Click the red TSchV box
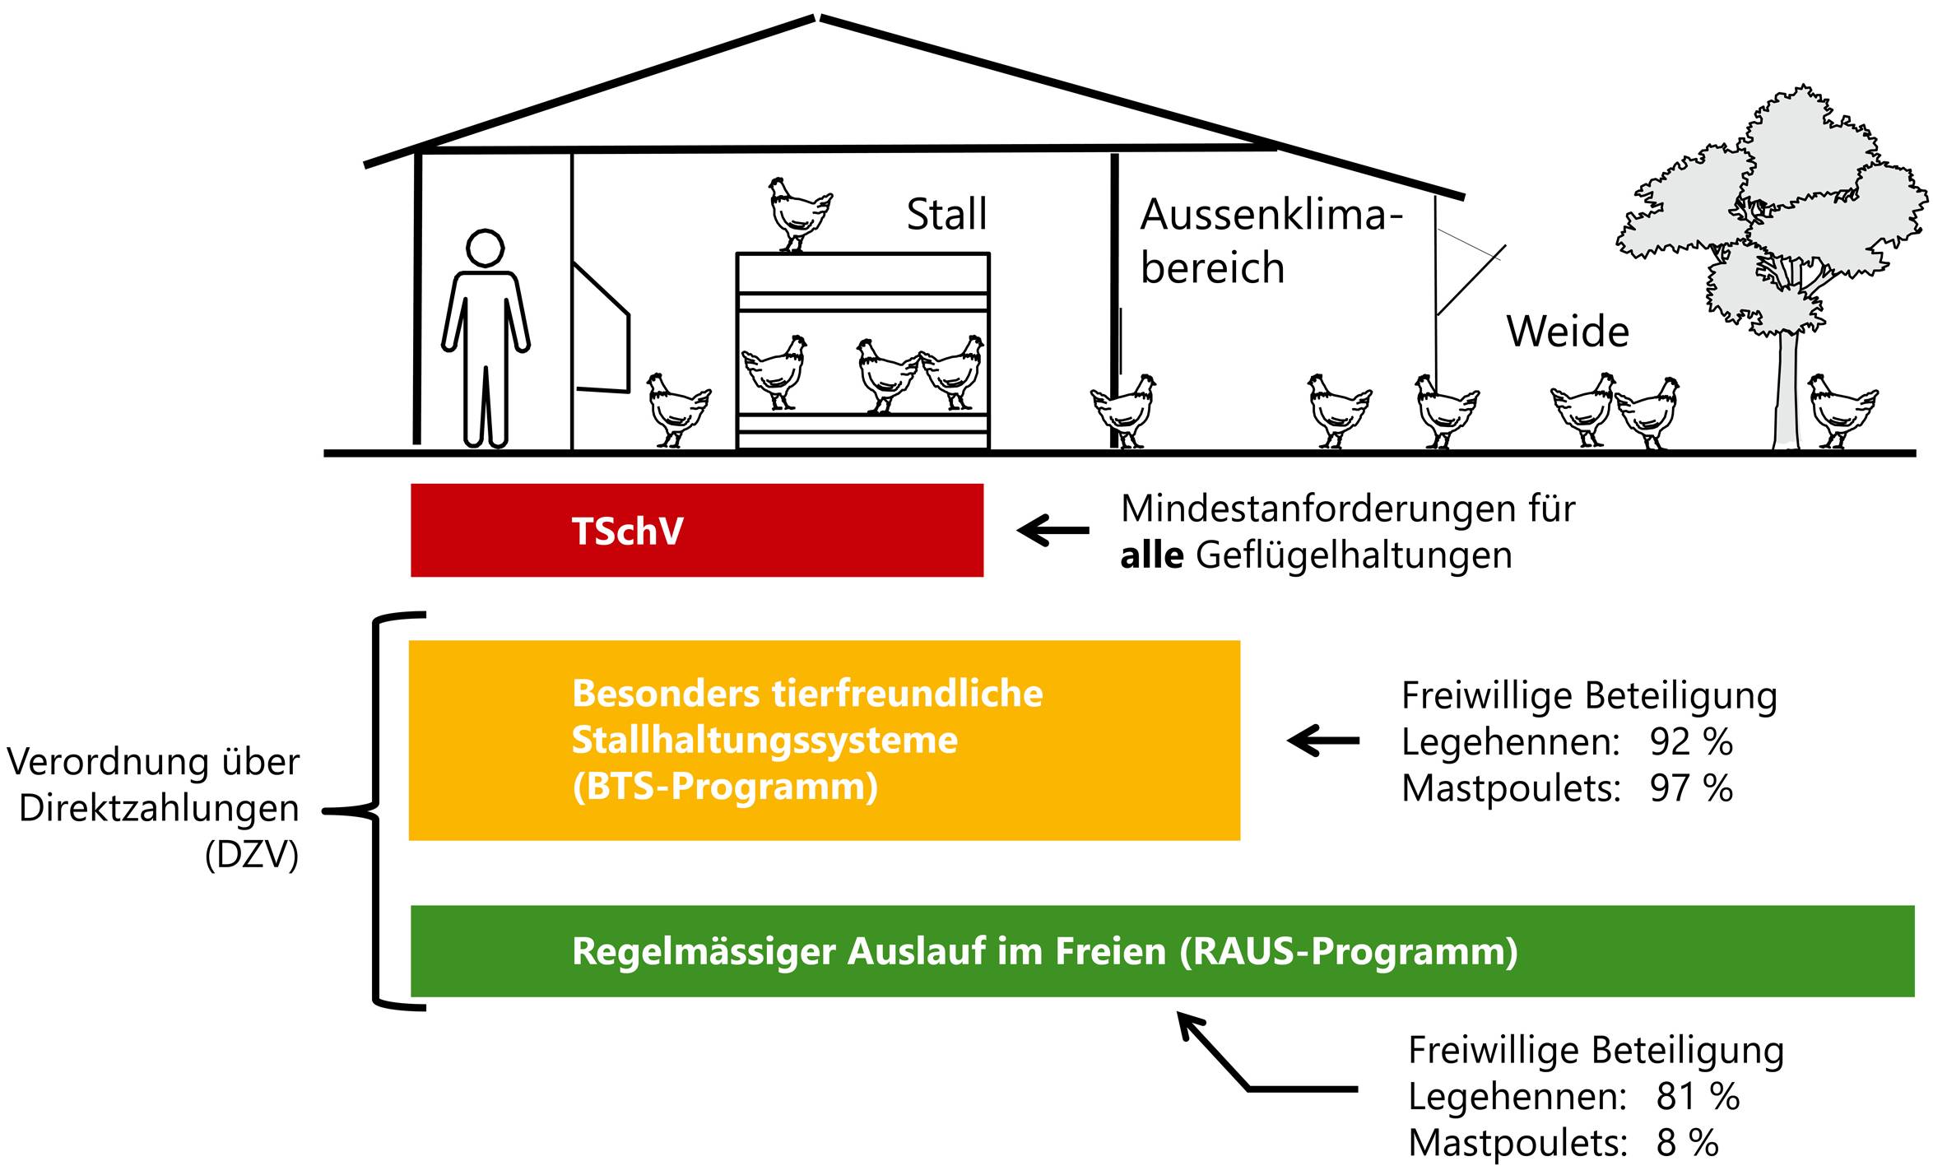[696, 530]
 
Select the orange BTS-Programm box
[824, 740]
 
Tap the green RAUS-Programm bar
[1162, 951]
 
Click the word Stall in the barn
[946, 215]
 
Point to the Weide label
[1568, 332]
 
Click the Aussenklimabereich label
[1271, 241]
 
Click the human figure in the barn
[486, 346]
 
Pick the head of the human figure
[485, 248]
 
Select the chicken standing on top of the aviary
[797, 213]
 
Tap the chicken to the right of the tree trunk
[1842, 410]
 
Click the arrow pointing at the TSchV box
[1052, 531]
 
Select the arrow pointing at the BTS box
[1323, 740]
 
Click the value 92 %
[1691, 742]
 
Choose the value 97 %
[1691, 788]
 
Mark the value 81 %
[1698, 1096]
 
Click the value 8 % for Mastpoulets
[1687, 1143]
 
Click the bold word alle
[1151, 555]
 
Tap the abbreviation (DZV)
[251, 856]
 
